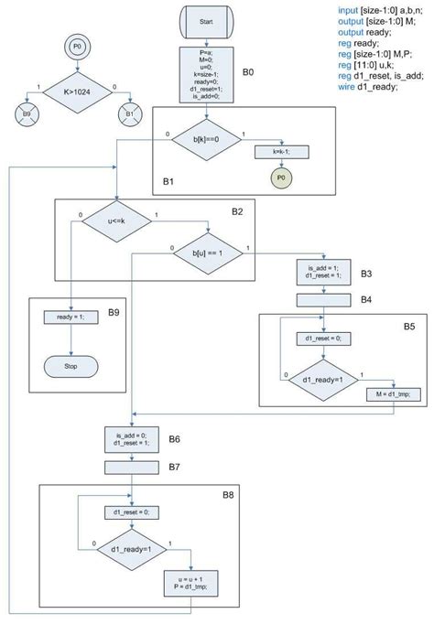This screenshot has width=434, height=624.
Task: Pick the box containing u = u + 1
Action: point(191,582)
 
